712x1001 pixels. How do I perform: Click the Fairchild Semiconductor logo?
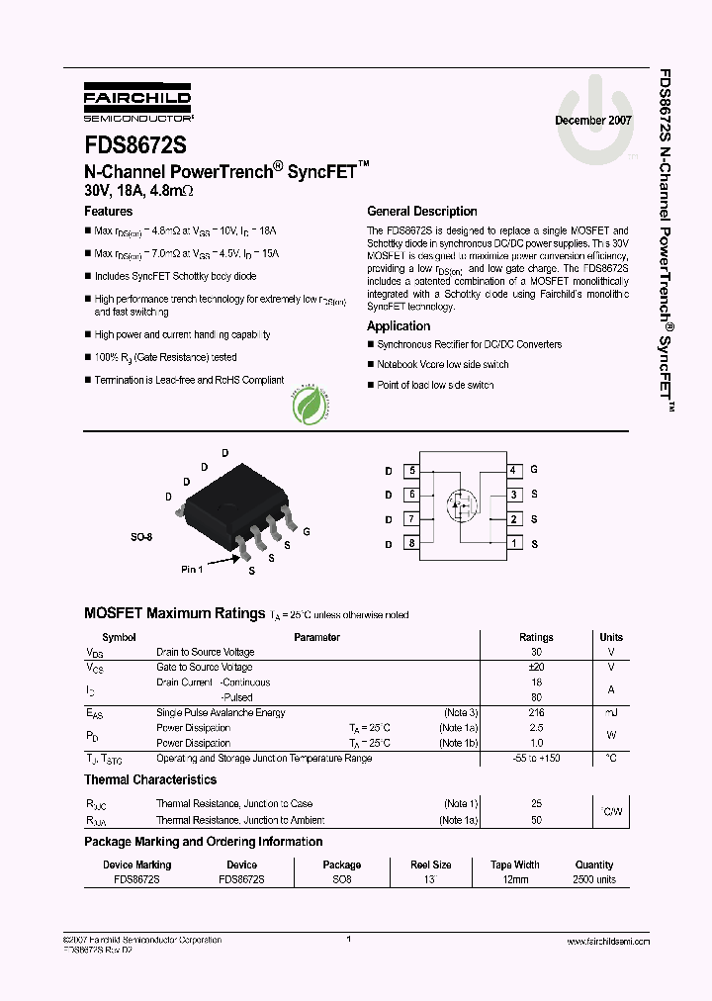[x=137, y=101]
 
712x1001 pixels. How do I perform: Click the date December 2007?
[x=592, y=120]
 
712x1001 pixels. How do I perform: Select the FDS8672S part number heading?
[x=134, y=143]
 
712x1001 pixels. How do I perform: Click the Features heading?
[x=109, y=212]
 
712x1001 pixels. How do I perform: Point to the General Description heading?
[x=421, y=212]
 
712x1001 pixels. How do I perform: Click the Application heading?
[x=399, y=326]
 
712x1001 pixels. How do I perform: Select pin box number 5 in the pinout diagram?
[x=411, y=471]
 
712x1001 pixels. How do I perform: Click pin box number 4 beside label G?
[x=513, y=471]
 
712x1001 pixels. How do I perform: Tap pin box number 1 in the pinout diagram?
[x=513, y=543]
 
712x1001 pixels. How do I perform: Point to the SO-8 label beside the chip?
[x=143, y=537]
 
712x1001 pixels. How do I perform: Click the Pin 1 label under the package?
[x=192, y=570]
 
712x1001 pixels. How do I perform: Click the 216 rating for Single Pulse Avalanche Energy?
[x=536, y=713]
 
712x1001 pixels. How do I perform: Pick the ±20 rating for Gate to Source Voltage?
[x=536, y=668]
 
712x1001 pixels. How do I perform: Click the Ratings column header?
[x=536, y=638]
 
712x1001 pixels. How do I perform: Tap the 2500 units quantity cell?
[x=593, y=879]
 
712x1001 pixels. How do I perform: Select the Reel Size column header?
[x=431, y=864]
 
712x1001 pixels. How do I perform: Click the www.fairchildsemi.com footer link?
[x=608, y=942]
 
